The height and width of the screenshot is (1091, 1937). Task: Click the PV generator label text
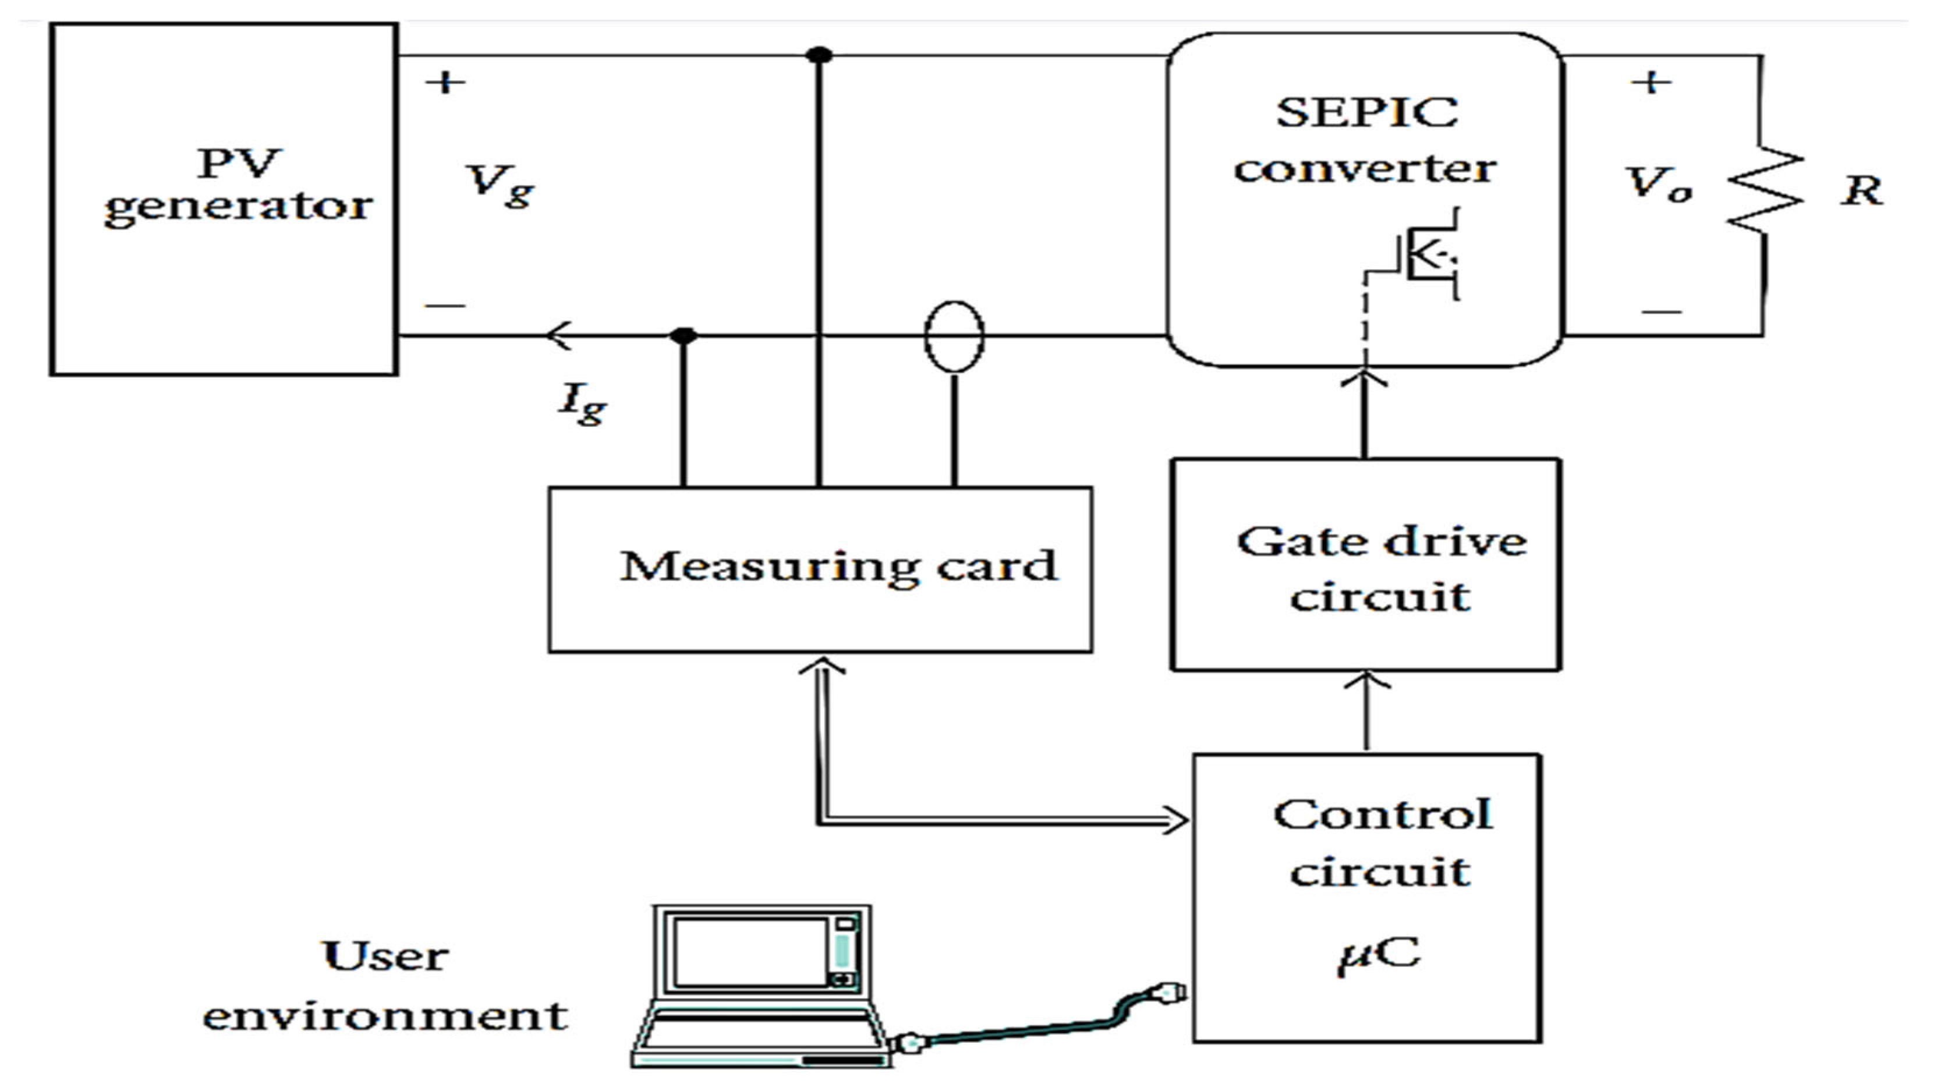[x=238, y=184]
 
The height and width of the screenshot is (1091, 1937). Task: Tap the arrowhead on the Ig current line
[x=558, y=335]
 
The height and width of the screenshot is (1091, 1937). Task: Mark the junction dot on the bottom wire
[x=683, y=335]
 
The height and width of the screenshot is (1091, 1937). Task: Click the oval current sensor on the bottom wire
[x=954, y=336]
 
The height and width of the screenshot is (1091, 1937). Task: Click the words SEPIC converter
[x=1365, y=141]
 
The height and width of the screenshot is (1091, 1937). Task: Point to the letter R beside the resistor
[x=1862, y=190]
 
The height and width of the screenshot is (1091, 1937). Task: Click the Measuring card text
[x=838, y=568]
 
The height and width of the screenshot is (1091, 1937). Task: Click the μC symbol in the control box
[x=1378, y=955]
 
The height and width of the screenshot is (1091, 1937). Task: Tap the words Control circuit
[x=1382, y=843]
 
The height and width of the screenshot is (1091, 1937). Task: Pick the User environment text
[x=385, y=986]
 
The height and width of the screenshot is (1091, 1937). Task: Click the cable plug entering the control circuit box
[x=1169, y=994]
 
